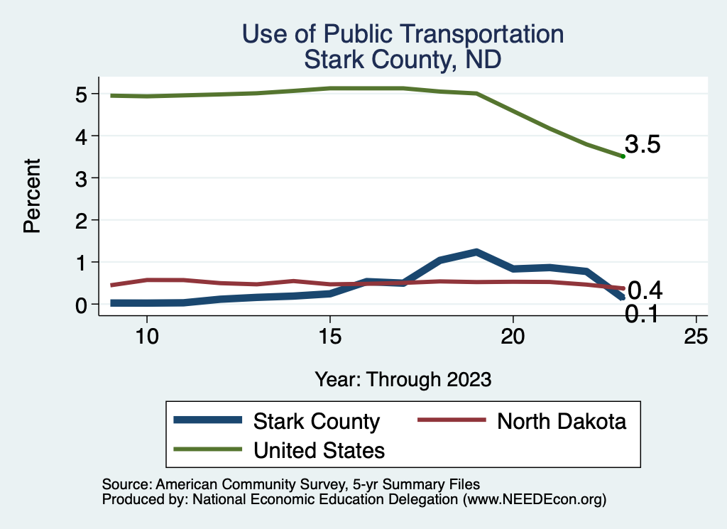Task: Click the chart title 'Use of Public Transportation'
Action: tap(403, 34)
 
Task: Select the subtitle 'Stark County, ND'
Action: tap(403, 60)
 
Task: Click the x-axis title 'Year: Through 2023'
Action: tap(403, 379)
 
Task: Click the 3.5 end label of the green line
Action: tap(643, 145)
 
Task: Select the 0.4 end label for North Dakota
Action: tap(645, 290)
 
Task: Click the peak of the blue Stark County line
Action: tap(476, 252)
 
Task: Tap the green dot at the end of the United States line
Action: tap(623, 156)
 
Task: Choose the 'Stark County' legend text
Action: tap(317, 422)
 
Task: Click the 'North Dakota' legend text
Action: tap(562, 422)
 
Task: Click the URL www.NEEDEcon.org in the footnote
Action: tap(534, 500)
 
